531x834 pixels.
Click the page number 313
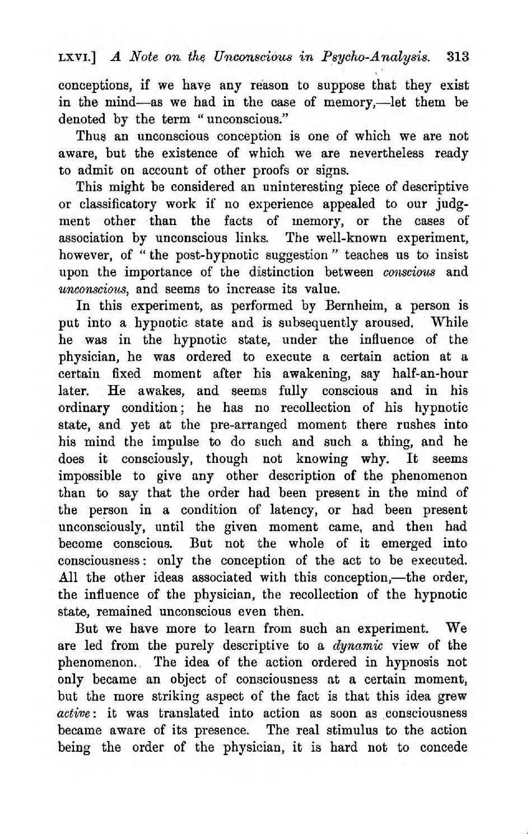coord(458,56)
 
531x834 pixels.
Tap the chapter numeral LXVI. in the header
coord(77,57)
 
